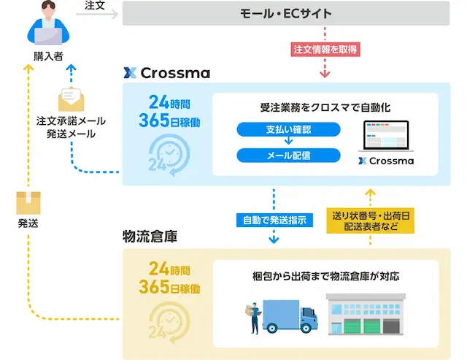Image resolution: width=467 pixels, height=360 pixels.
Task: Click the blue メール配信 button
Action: (x=288, y=155)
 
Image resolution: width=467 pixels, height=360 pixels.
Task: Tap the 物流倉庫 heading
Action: (x=150, y=237)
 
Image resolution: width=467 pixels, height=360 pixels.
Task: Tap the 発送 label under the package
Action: (x=28, y=224)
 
